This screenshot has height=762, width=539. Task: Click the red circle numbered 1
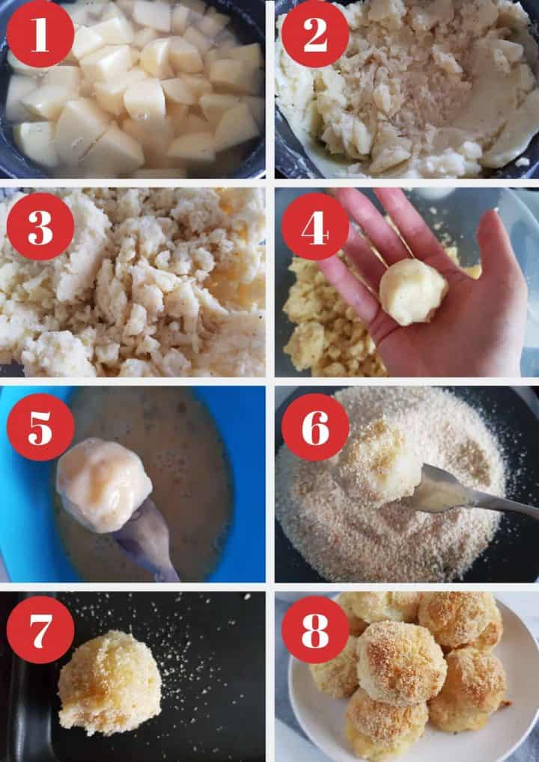pos(40,34)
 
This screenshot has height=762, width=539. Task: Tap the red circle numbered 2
pos(315,34)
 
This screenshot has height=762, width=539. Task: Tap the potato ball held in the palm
pos(412,292)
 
